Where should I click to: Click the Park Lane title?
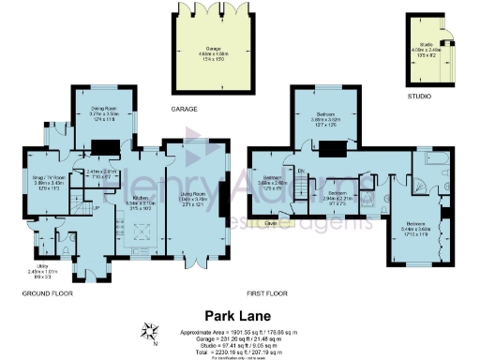pos(239,318)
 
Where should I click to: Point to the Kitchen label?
pos(139,202)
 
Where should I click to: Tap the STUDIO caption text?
pos(419,96)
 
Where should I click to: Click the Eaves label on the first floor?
pos(271,224)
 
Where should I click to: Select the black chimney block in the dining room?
pos(104,146)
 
